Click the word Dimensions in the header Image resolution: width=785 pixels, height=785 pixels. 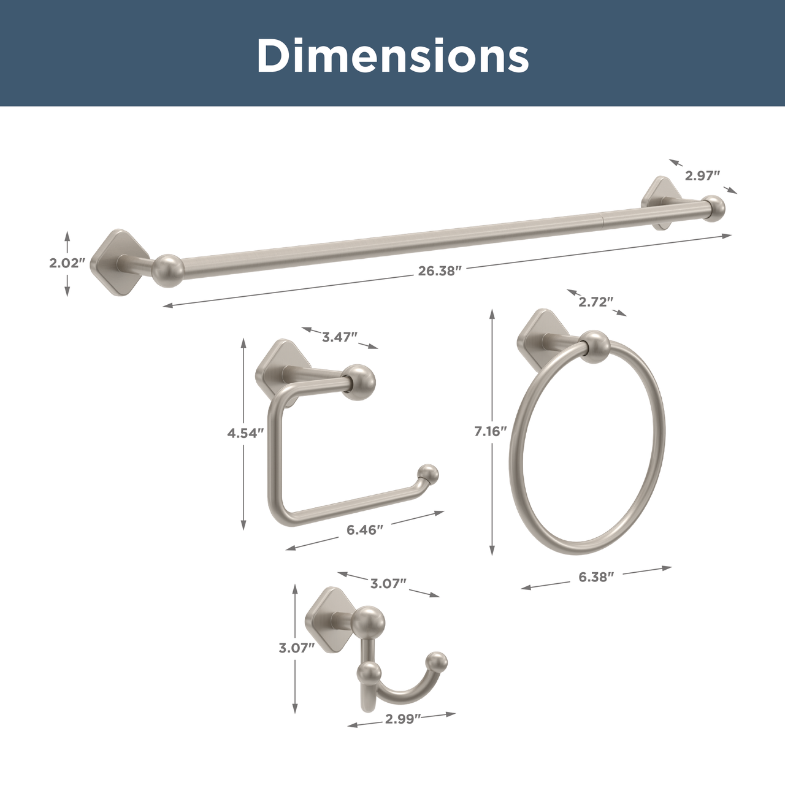[x=392, y=55]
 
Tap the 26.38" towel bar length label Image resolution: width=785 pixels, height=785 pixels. [x=440, y=271]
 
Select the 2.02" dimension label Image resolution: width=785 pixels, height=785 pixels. [x=67, y=263]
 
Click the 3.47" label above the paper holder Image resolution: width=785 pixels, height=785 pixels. [x=340, y=337]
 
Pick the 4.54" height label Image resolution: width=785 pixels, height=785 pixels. [x=243, y=433]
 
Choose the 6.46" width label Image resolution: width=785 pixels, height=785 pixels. [x=365, y=530]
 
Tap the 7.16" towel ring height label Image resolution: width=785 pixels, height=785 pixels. [x=491, y=431]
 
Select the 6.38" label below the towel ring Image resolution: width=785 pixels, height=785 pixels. [x=596, y=577]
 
